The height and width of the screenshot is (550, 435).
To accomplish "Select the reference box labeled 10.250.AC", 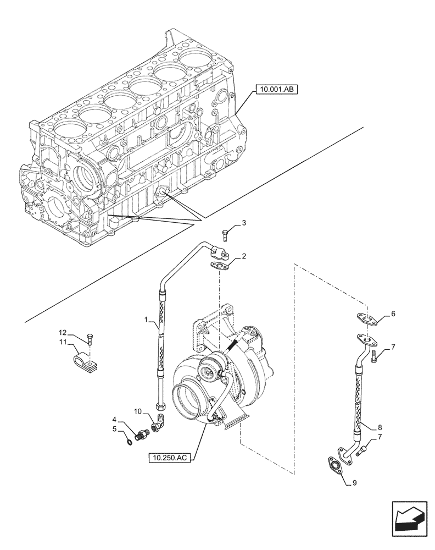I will pos(169,457).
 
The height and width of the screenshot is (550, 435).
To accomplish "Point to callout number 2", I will pos(243,256).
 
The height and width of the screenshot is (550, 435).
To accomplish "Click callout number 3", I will pos(243,223).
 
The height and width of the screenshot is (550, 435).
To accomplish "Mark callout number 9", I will pos(354,483).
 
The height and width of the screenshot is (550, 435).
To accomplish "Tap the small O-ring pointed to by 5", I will pos(128,439).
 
